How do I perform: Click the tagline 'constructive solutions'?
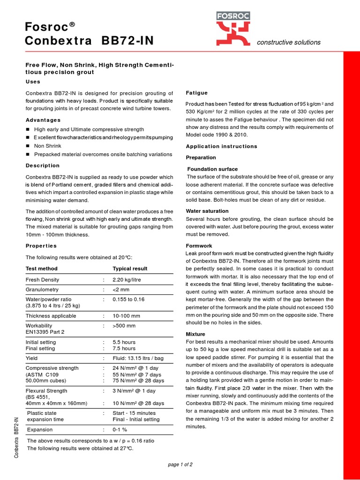click(289, 42)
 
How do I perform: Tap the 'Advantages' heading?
click(43, 120)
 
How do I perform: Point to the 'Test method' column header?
click(42, 269)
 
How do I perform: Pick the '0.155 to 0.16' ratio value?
click(129, 299)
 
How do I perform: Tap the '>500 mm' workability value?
click(124, 325)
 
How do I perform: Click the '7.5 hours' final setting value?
click(124, 349)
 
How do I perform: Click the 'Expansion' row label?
click(40, 429)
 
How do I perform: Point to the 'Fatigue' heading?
click(197, 93)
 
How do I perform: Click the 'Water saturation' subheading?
click(207, 211)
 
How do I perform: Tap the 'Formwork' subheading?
click(199, 246)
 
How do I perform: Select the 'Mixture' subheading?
click(196, 334)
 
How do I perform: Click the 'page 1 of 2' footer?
click(180, 465)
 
